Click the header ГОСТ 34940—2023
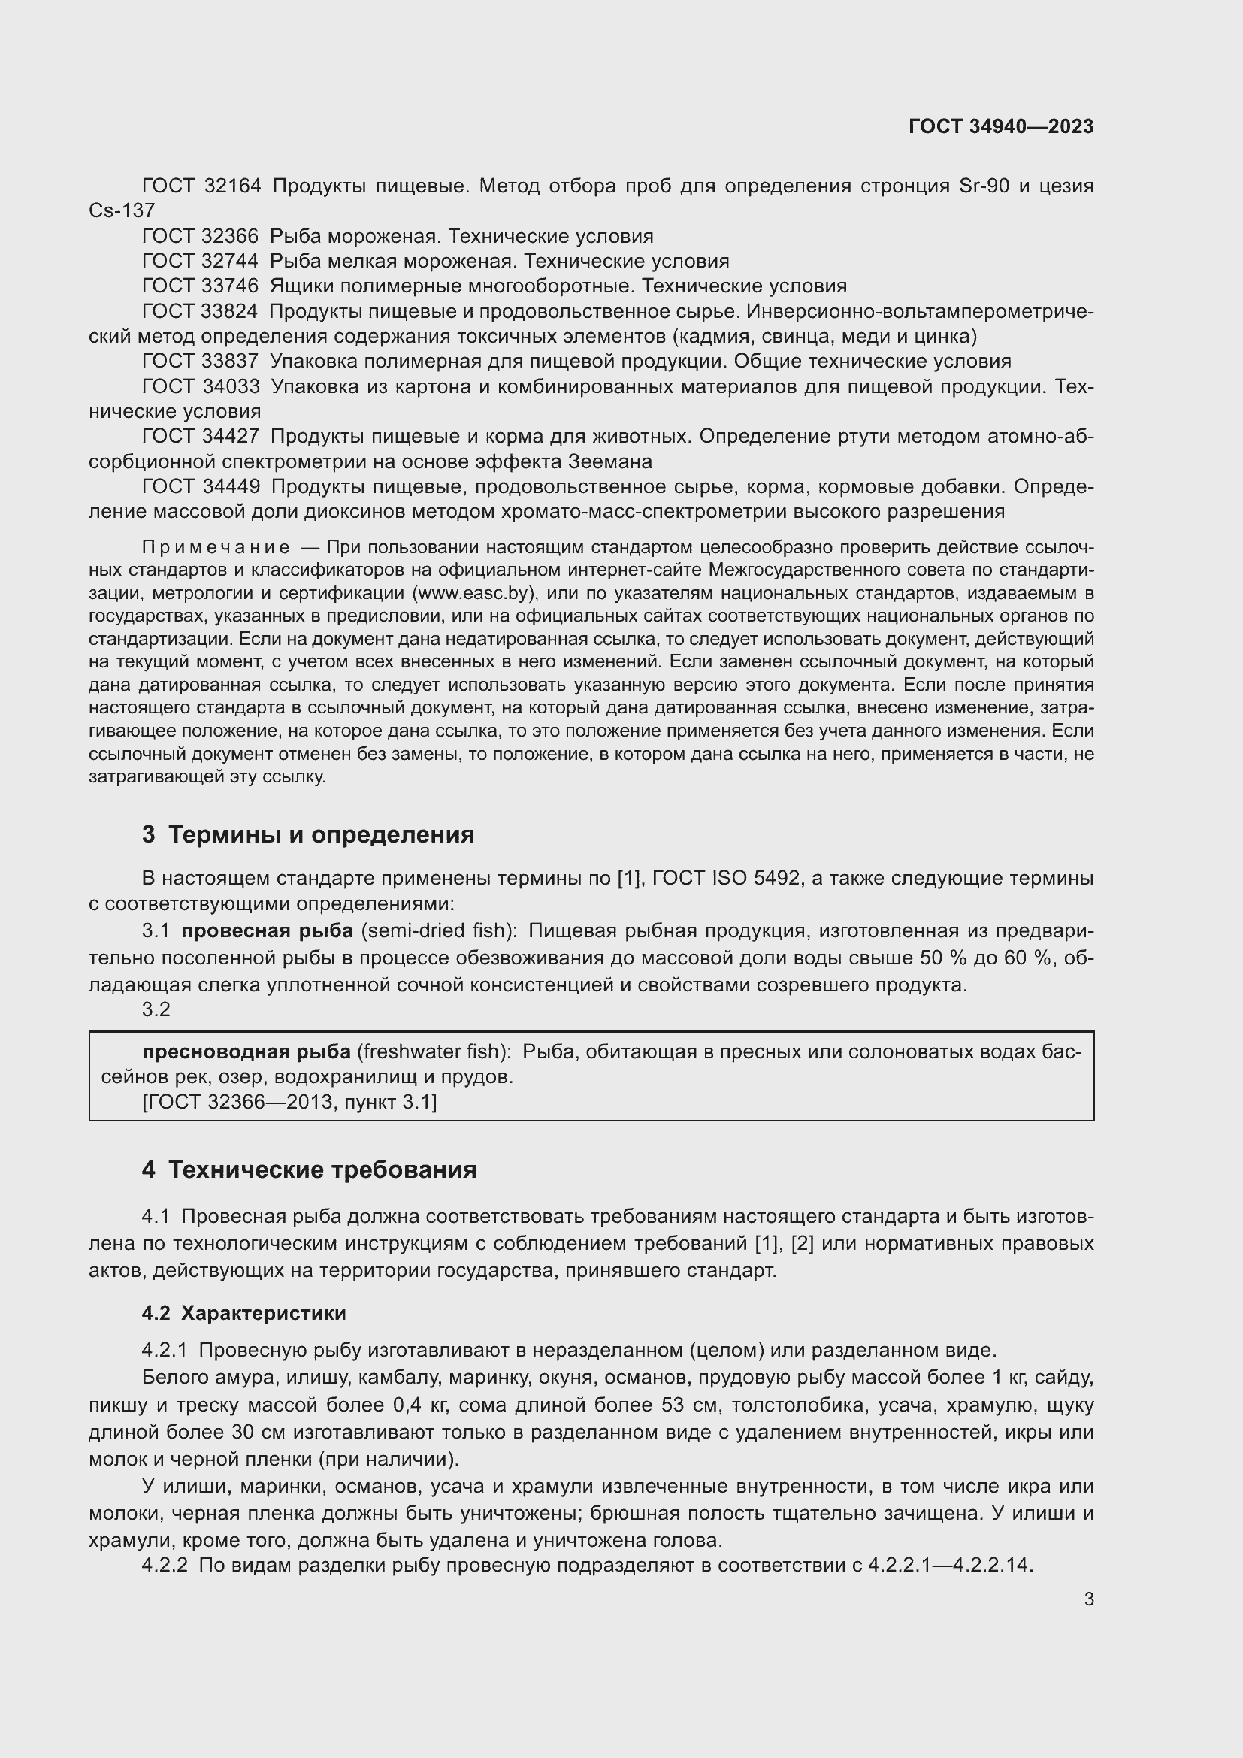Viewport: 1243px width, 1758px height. click(1000, 126)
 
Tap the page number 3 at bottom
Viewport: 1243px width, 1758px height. click(1088, 1599)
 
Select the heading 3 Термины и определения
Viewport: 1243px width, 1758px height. click(307, 834)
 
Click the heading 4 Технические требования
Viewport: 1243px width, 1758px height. click(309, 1169)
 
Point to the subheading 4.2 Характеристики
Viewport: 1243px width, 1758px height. click(243, 1312)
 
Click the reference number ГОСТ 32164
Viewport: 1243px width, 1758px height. click(201, 186)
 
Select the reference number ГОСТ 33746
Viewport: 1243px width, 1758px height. click(201, 286)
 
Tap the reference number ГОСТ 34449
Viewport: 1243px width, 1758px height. click(201, 486)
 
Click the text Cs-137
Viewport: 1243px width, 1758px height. click(122, 210)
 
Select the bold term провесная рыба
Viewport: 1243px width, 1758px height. click(266, 930)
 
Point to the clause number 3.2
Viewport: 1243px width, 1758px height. click(156, 1009)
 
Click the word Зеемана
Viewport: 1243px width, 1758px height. click(609, 461)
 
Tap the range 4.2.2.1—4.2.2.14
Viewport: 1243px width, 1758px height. click(950, 1564)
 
